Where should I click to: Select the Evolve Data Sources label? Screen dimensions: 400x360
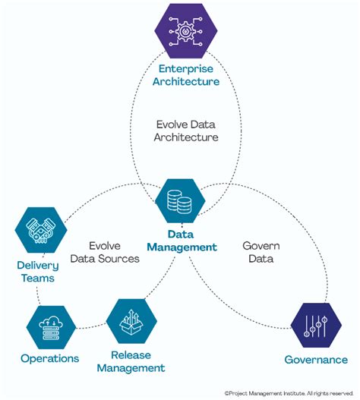tap(104, 252)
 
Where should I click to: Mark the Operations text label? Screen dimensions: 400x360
tap(49, 357)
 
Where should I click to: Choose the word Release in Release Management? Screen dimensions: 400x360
tap(131, 355)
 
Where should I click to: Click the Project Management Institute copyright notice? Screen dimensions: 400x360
tap(289, 392)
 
